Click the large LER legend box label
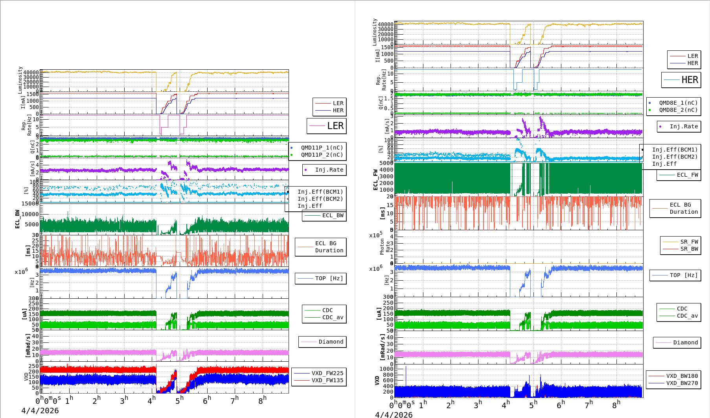coord(335,126)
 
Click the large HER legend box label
coord(690,80)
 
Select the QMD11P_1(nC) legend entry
coord(322,148)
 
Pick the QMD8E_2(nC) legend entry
coord(678,110)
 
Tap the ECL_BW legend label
coord(333,215)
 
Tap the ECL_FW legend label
coord(687,175)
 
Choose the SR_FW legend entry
coord(689,242)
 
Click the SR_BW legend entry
coord(689,249)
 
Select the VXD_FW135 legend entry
coord(327,380)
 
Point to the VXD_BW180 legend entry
coord(682,376)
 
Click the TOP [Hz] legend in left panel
coord(329,278)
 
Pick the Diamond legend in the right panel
coord(685,342)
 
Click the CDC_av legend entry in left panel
coord(333,317)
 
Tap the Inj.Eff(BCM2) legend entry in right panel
coord(675,157)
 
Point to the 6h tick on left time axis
coord(207,400)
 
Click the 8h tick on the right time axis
coord(616,404)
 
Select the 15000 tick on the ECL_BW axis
coord(30,203)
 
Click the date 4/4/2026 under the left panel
coord(40,411)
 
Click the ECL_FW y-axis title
coord(375,179)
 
